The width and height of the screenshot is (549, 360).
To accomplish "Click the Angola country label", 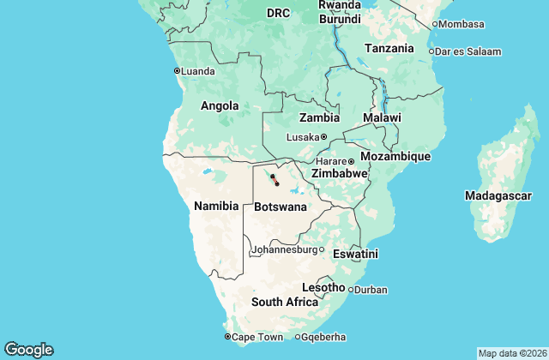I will coord(220,106).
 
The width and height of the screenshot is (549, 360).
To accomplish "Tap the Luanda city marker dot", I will coord(177,70).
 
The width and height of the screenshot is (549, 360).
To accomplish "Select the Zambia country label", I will coord(318,117).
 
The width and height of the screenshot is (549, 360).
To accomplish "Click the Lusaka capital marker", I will coord(324,137).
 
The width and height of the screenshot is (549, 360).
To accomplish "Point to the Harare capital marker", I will coord(351,161).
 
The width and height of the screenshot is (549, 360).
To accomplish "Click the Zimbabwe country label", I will coord(340,173).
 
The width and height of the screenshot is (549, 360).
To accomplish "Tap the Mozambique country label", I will coord(395,156).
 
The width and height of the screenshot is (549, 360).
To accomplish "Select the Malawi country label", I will coord(381,117).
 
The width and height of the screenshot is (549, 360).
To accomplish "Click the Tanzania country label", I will coord(389,49).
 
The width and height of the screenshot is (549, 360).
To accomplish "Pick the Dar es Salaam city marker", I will coord(431,51).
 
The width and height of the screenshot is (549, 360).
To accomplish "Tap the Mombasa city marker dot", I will coord(434,24).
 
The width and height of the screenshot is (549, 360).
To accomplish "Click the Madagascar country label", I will coord(498,196).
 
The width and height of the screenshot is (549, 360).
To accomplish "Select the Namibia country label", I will coord(216,206).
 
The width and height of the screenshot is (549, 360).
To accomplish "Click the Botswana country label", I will coord(280,207).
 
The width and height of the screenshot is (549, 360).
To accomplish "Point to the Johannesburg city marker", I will coord(322,250).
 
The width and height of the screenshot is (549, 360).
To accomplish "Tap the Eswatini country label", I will coord(357,254).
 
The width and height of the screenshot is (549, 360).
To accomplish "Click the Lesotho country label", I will coord(323,287).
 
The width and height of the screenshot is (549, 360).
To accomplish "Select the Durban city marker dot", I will coord(350,290).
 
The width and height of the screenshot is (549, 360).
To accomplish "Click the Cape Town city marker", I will coord(227,337).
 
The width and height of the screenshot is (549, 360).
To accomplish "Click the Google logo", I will coord(28,349).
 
